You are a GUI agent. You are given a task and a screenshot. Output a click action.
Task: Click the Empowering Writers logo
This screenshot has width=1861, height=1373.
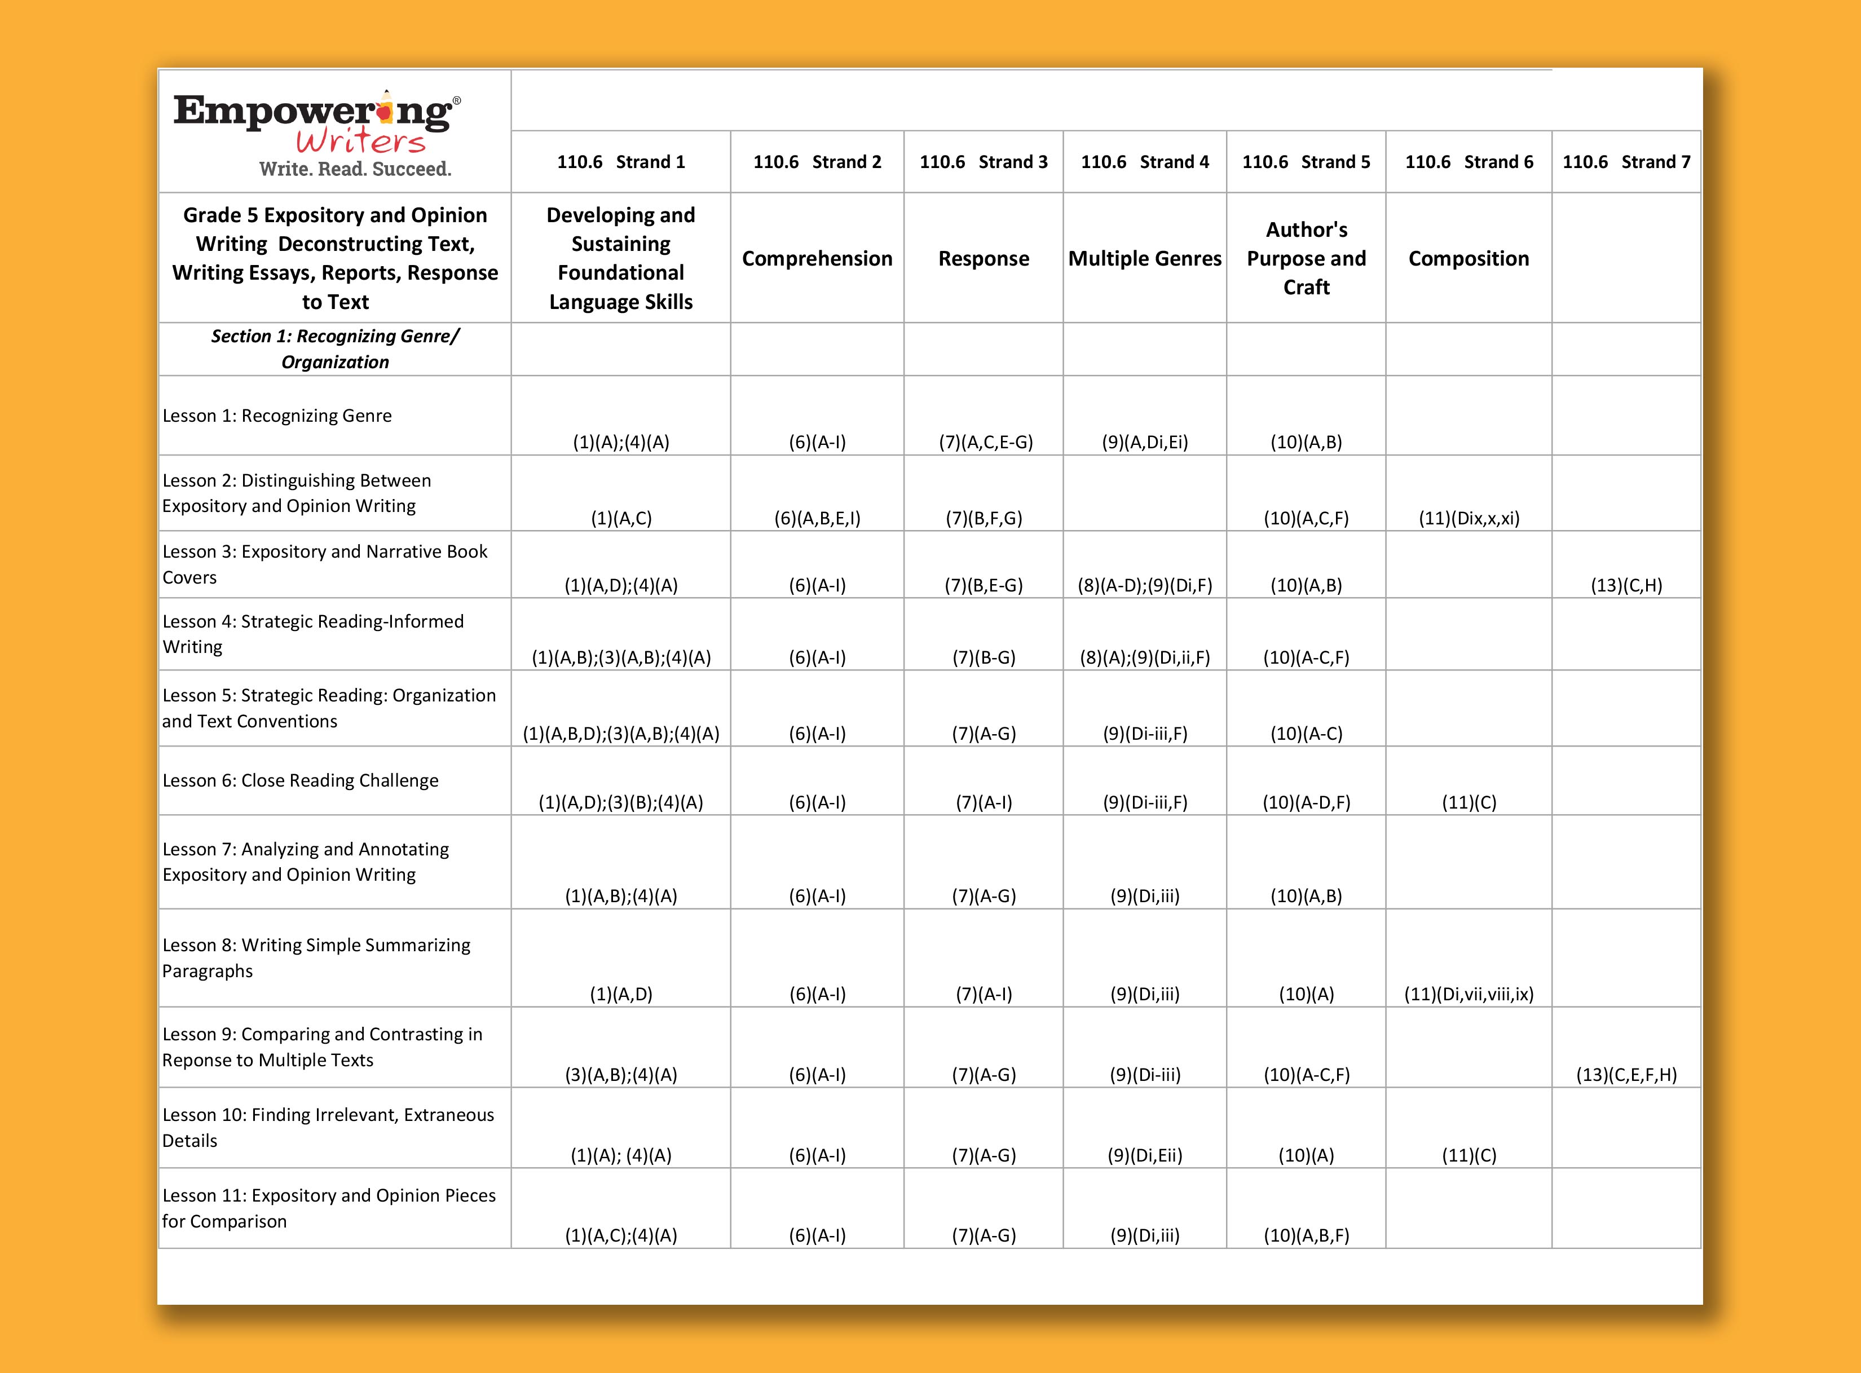point(316,122)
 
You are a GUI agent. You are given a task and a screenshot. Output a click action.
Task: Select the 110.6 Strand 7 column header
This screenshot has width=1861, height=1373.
point(1626,162)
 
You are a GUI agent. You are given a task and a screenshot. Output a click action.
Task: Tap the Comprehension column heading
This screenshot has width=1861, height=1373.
point(817,258)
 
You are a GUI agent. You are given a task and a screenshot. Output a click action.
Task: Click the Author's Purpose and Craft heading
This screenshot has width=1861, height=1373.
point(1306,258)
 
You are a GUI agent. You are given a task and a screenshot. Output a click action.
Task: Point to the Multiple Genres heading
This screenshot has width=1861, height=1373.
point(1145,258)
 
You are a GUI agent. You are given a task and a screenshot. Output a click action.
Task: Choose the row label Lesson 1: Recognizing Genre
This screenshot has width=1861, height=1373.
point(277,416)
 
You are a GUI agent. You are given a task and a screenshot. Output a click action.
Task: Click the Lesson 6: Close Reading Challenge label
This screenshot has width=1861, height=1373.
point(300,780)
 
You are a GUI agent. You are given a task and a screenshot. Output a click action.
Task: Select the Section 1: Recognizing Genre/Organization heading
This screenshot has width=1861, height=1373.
point(335,349)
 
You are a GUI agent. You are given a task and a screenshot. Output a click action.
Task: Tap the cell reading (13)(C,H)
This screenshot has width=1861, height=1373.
point(1626,585)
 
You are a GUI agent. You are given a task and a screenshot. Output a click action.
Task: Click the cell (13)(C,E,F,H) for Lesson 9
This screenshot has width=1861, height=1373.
point(1626,1075)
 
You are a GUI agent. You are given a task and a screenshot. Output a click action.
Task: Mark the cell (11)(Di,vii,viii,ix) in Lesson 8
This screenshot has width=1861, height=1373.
point(1468,994)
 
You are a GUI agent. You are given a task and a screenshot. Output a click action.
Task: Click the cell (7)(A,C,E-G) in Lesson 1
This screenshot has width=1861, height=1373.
point(986,442)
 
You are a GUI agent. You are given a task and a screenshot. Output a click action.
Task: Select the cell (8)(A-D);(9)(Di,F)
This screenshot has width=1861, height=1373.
point(1145,585)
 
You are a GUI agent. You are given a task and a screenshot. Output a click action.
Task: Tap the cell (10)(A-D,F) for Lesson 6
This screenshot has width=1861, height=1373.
point(1306,802)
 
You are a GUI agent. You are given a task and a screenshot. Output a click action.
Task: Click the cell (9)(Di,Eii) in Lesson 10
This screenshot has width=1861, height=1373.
point(1145,1155)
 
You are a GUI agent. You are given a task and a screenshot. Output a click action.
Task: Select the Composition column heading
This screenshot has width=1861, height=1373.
point(1468,258)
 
